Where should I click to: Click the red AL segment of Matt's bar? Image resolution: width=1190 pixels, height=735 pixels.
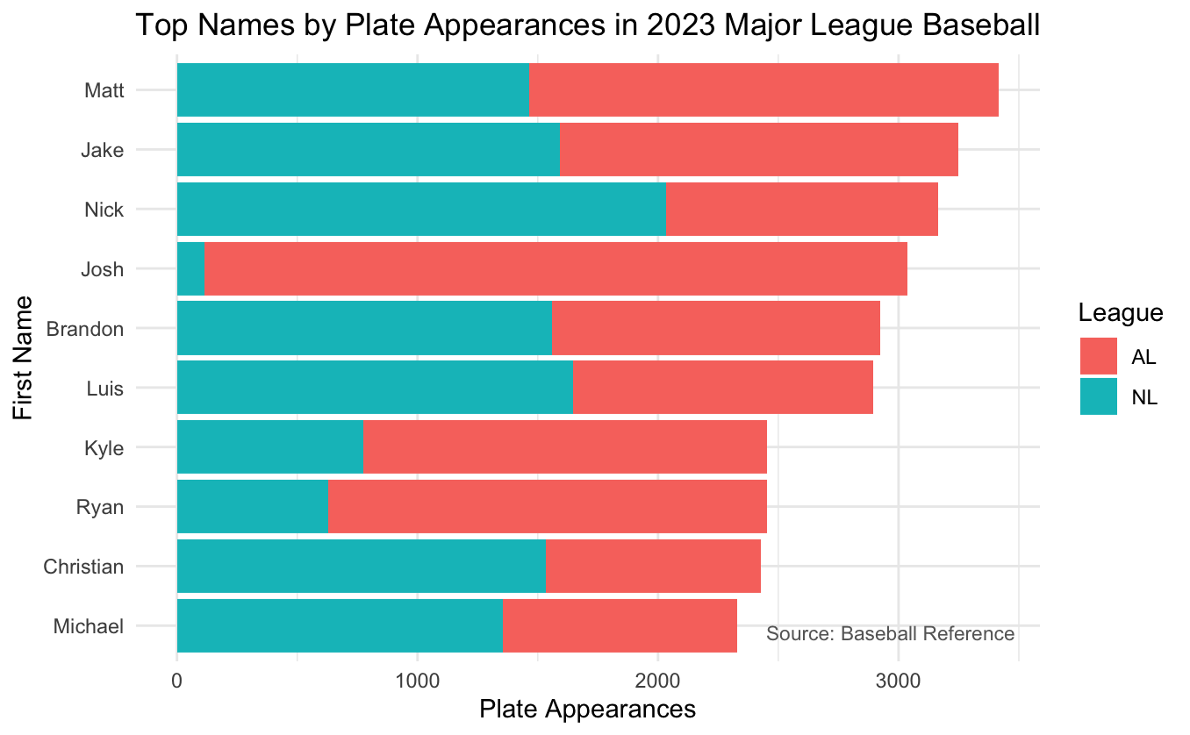(763, 89)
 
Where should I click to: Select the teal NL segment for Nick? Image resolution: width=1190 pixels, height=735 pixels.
(421, 209)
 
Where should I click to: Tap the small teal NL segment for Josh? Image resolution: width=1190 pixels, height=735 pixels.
(190, 268)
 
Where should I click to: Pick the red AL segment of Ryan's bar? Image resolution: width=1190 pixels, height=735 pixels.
(547, 506)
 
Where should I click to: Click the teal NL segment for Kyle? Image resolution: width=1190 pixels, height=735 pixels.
(269, 447)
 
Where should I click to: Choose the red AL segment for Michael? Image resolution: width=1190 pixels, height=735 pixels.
(620, 625)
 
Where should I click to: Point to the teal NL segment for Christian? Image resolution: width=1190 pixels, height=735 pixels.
(361, 566)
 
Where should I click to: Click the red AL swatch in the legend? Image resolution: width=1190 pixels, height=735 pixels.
(1098, 357)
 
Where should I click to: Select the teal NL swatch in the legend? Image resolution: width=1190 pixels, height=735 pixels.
(1098, 396)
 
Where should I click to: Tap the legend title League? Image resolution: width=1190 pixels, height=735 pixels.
(1121, 312)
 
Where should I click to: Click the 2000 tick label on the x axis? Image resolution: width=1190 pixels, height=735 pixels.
(657, 681)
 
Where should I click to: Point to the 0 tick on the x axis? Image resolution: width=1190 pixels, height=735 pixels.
(177, 681)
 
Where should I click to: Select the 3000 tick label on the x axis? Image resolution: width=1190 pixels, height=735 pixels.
(898, 681)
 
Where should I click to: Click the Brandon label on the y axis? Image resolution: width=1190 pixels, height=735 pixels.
(84, 329)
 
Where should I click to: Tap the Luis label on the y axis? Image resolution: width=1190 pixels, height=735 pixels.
(104, 388)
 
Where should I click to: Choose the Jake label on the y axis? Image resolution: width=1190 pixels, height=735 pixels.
(102, 150)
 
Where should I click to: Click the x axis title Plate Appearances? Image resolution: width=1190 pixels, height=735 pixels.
(587, 709)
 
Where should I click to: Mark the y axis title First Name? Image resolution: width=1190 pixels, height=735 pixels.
(25, 358)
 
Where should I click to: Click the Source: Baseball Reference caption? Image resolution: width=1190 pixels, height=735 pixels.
(890, 633)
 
